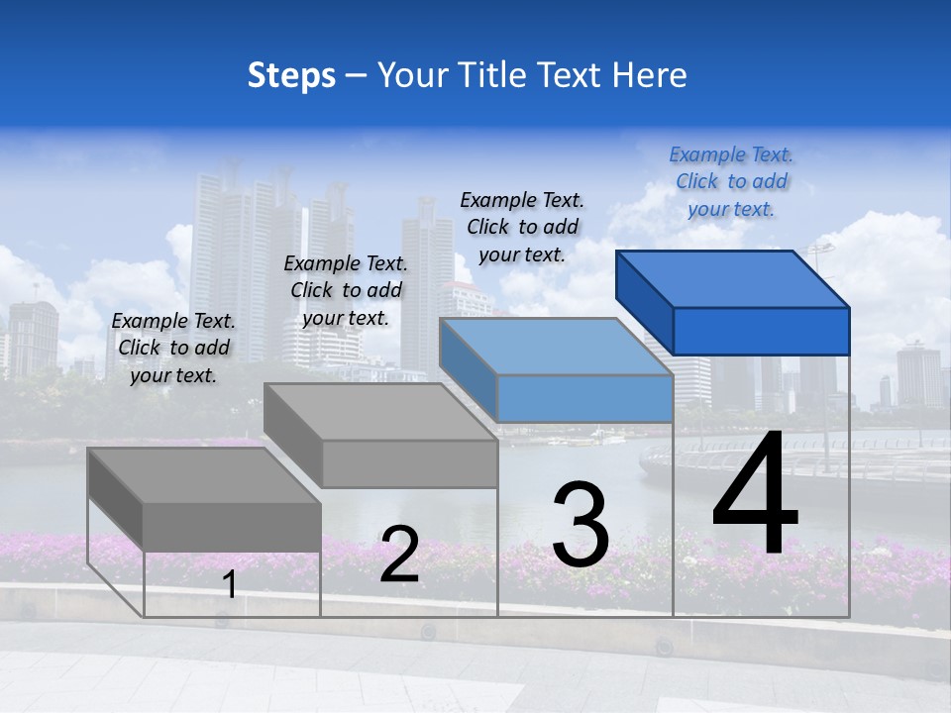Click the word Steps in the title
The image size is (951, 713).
click(291, 76)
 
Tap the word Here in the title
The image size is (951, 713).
click(649, 75)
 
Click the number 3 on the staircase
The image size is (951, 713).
click(580, 525)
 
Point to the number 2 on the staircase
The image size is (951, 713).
click(399, 555)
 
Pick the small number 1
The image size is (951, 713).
click(230, 584)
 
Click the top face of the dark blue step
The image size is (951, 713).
click(733, 278)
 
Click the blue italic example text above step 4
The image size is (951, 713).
click(731, 181)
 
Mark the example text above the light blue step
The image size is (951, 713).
click(522, 227)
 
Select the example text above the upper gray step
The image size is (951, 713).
click(346, 290)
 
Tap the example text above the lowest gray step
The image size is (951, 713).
click(173, 348)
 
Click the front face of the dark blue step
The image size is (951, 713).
click(761, 331)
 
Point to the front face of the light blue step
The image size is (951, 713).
click(584, 399)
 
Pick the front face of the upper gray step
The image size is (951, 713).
click(409, 463)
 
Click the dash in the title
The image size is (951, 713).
click(357, 76)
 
